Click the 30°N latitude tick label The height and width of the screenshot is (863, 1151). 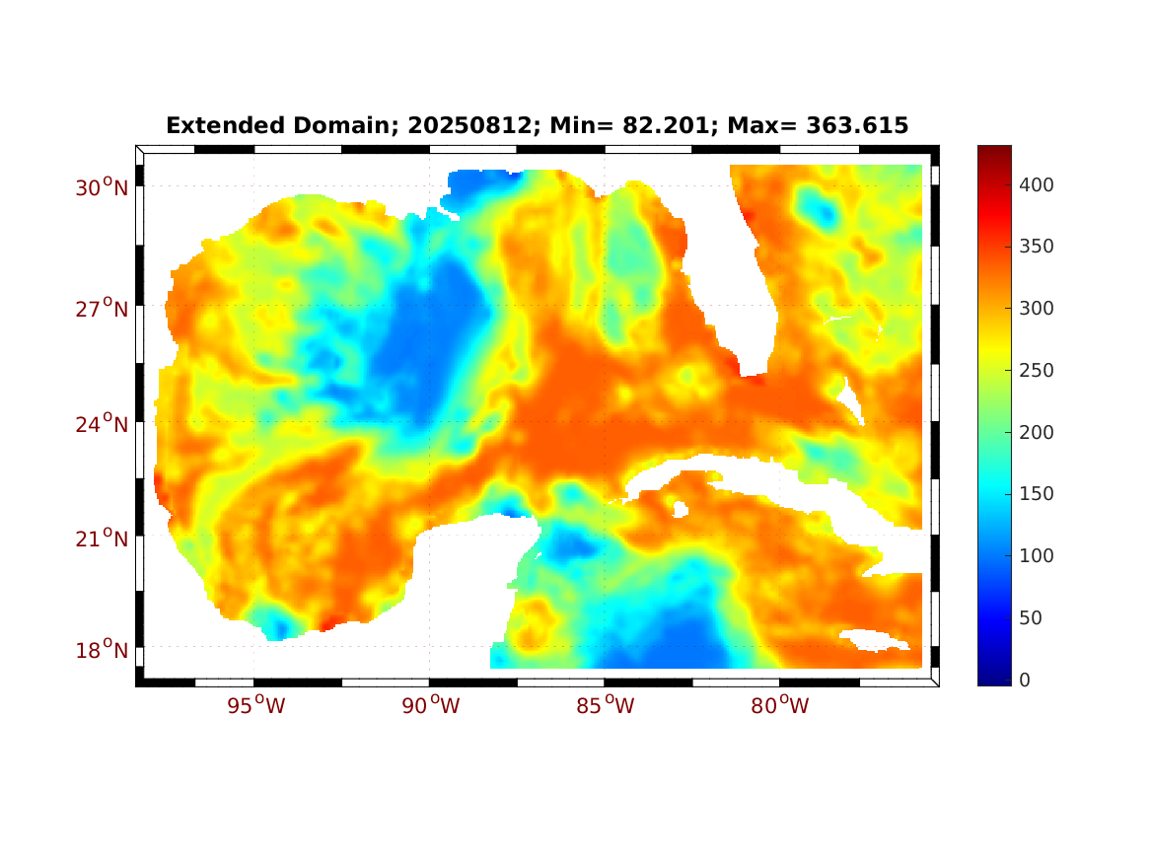click(102, 187)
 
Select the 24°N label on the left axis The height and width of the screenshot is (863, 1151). click(102, 424)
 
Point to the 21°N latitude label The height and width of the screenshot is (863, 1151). click(102, 539)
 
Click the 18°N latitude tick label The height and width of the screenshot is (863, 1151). click(102, 650)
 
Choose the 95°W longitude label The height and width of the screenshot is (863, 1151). click(254, 706)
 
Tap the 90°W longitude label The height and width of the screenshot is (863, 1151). click(429, 706)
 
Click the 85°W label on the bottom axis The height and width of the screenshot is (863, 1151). click(605, 706)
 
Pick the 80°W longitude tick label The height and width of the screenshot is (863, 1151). click(780, 706)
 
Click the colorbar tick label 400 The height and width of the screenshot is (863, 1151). click(1037, 184)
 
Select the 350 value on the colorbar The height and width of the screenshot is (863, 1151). click(1037, 247)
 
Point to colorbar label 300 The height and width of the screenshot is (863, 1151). click(1037, 309)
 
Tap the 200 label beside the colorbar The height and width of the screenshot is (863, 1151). click(1037, 432)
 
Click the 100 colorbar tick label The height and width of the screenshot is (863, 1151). click(1037, 556)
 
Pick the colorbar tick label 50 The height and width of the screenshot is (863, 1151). click(1030, 617)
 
